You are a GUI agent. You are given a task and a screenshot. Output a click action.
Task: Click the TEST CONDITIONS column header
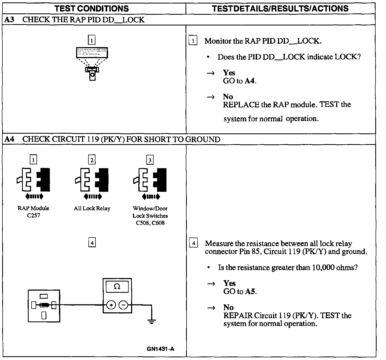coord(92,9)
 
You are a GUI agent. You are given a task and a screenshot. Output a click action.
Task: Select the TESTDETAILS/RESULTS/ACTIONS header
coord(280,9)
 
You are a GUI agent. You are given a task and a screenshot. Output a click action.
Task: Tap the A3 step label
coord(9,20)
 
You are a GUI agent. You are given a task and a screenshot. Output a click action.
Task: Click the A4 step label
coord(9,139)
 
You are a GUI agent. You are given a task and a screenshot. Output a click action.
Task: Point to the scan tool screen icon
coord(92,52)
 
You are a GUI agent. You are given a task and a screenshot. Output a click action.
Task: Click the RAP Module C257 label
coord(34,212)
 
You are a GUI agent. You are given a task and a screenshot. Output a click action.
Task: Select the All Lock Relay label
coord(92,208)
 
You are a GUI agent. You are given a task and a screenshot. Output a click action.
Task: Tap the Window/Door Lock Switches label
coord(150,215)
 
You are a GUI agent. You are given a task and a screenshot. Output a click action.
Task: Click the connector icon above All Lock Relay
coord(92,179)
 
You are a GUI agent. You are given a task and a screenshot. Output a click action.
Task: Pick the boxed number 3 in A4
coord(150,160)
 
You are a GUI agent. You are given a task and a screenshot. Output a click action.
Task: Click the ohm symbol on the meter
coord(117,287)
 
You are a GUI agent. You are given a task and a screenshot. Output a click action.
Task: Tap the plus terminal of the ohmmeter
coord(111,305)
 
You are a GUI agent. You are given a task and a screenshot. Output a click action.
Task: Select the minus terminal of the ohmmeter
coord(123,305)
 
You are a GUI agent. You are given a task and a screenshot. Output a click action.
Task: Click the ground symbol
coord(152,321)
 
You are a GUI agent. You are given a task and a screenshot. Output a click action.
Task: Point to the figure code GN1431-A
coord(160,349)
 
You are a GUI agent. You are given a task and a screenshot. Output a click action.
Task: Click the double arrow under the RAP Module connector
coord(34,197)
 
